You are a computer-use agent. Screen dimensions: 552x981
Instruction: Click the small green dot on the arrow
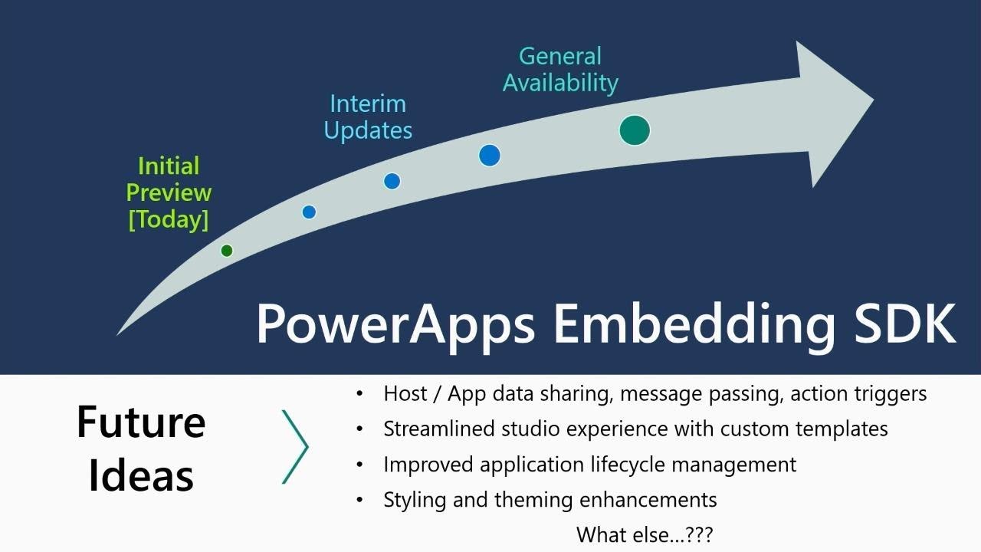[226, 251]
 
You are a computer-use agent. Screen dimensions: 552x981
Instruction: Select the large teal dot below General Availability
[635, 130]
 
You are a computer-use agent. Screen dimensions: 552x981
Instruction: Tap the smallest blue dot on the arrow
[309, 212]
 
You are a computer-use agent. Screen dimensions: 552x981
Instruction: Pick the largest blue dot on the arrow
[490, 156]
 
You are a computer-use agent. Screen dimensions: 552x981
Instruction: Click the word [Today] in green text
[168, 220]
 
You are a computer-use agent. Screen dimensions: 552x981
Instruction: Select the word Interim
[368, 103]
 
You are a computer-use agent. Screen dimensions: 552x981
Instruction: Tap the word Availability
[560, 83]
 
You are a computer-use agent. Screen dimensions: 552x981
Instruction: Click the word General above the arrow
[560, 56]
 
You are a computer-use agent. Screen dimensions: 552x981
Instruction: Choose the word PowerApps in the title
[395, 323]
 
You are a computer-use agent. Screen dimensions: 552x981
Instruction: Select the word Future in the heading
[141, 422]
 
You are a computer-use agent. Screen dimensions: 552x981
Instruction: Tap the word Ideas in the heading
[141, 475]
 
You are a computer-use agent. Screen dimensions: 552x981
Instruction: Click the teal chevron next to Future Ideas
[296, 447]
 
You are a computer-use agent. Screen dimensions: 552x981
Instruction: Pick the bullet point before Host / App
[360, 394]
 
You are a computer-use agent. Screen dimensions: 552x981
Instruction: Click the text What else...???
[645, 534]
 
